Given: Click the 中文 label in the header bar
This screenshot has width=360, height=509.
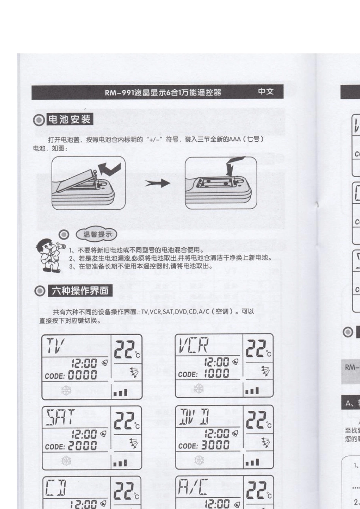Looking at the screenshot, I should [266, 92].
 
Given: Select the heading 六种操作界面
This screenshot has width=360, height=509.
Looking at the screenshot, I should [80, 291].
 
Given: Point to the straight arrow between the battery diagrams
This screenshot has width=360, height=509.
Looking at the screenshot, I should [157, 183].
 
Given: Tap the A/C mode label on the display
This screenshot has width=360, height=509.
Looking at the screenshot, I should [193, 489].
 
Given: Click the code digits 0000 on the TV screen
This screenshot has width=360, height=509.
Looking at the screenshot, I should [82, 375].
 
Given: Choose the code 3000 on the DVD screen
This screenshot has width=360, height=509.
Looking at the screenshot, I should [215, 445].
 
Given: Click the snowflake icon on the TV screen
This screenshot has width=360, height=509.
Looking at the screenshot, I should [66, 390].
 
